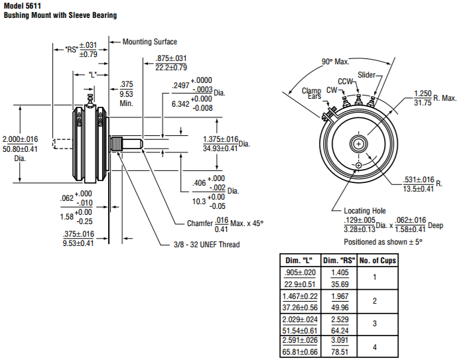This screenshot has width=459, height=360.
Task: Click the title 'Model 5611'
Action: click(23, 5)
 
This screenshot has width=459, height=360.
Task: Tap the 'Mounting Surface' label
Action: click(150, 42)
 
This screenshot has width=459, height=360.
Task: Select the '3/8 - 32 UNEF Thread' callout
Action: click(202, 245)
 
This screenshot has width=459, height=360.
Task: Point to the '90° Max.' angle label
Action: click(336, 62)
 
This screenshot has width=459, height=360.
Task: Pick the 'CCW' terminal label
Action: click(346, 82)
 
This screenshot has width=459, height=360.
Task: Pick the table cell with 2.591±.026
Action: click(298, 340)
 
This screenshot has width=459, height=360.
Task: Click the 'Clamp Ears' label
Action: click(312, 93)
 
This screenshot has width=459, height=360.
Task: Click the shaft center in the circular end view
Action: click(358, 143)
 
